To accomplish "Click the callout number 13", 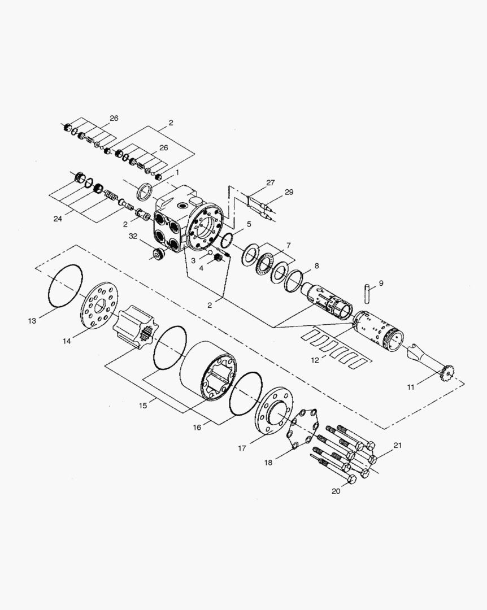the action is [32, 321].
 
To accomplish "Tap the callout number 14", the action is [67, 341].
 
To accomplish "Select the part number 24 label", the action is [58, 219].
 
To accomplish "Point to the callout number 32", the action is [133, 236].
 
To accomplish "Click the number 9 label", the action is [381, 283].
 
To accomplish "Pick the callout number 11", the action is [411, 387].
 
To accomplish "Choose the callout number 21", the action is [397, 446].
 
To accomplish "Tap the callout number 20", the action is [336, 491].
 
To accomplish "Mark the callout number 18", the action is [268, 463].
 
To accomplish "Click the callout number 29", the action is [289, 192].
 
